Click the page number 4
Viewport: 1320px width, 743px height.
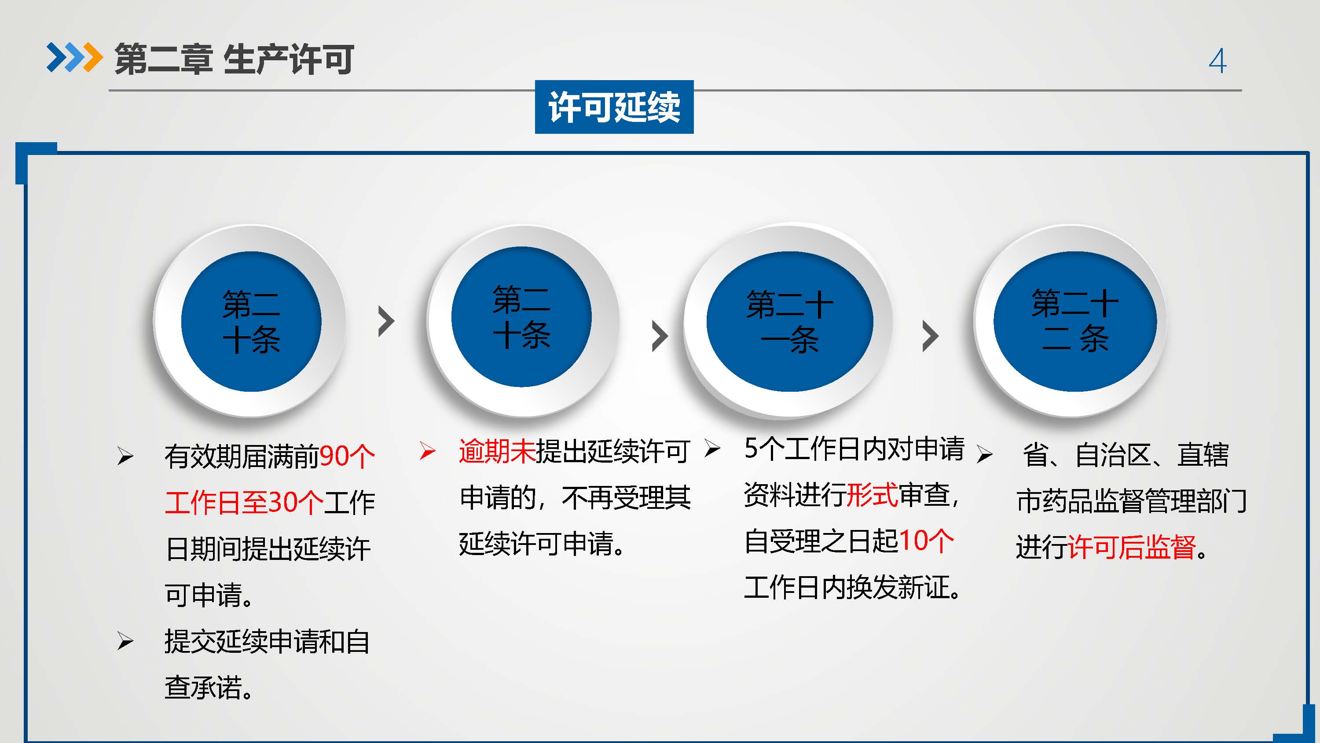pyautogui.click(x=1217, y=60)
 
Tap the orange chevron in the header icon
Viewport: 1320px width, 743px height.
pyautogui.click(x=92, y=57)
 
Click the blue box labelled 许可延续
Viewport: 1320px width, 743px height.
pyautogui.click(x=614, y=107)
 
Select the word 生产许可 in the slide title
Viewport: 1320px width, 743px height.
pyautogui.click(x=289, y=59)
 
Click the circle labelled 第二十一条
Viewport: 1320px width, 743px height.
pyautogui.click(x=789, y=321)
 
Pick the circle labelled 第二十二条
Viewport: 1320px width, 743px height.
pyautogui.click(x=1074, y=321)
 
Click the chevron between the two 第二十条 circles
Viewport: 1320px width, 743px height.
pyautogui.click(x=386, y=321)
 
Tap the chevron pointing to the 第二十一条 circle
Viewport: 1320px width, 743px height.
pyautogui.click(x=660, y=336)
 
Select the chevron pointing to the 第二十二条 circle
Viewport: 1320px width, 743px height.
pyautogui.click(x=930, y=336)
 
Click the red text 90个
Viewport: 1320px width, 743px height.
pyautogui.click(x=347, y=456)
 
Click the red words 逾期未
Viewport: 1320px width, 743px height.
pyautogui.click(x=497, y=451)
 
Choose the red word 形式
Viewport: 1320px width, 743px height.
pyautogui.click(x=872, y=495)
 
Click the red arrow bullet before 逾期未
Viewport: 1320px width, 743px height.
pyautogui.click(x=427, y=451)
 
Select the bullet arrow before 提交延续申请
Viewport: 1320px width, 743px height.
pyautogui.click(x=125, y=641)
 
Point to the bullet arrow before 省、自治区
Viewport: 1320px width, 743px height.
pyautogui.click(x=984, y=454)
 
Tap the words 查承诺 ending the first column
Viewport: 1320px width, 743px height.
pyautogui.click(x=203, y=687)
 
